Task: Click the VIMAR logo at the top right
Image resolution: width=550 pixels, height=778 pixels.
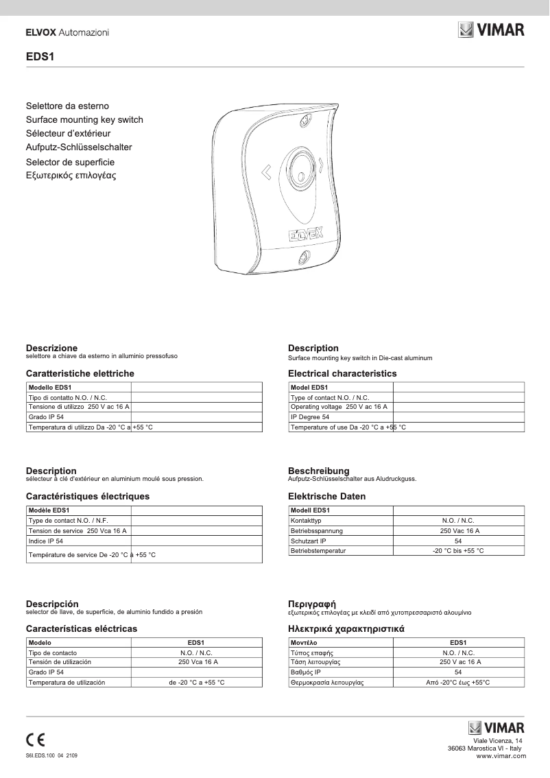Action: [491, 30]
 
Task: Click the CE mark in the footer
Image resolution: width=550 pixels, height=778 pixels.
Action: [36, 740]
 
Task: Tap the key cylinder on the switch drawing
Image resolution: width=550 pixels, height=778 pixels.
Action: [300, 167]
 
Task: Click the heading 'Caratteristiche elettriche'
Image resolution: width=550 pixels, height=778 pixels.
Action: [80, 374]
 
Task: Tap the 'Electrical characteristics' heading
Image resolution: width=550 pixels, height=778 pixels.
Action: [342, 374]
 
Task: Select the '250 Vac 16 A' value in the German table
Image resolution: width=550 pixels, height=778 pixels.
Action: [459, 531]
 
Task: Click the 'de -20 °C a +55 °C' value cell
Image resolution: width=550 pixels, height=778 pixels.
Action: [197, 683]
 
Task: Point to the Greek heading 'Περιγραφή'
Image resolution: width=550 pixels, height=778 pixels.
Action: [311, 604]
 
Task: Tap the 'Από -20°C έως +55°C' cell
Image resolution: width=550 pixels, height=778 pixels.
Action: [458, 683]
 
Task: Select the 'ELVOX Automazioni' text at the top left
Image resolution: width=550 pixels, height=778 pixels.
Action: [67, 32]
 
